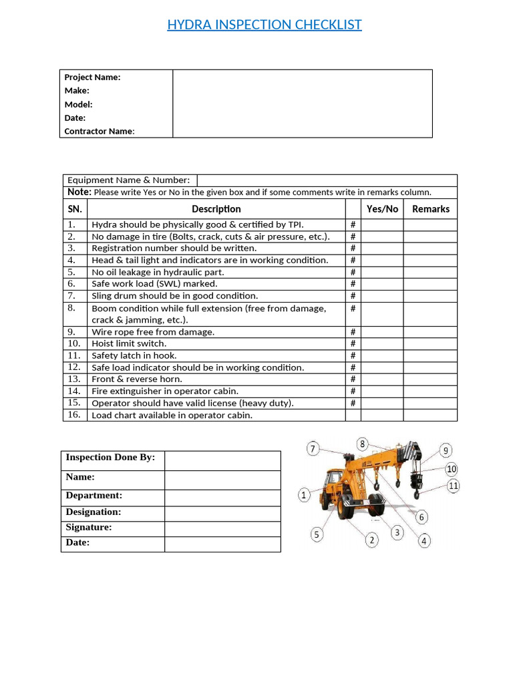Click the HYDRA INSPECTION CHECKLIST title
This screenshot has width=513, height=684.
[x=264, y=25]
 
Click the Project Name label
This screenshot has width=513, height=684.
[x=92, y=77]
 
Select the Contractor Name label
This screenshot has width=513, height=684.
[x=99, y=132]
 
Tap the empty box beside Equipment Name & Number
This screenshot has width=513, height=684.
[x=327, y=180]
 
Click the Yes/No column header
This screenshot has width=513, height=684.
[x=382, y=209]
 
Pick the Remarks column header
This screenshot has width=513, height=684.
[x=430, y=209]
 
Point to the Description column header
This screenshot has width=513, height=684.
[x=216, y=209]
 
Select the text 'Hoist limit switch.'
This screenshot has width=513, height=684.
[x=129, y=344]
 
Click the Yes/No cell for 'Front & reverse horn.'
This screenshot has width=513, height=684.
[x=382, y=379]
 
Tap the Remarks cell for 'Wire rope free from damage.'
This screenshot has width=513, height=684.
[x=430, y=332]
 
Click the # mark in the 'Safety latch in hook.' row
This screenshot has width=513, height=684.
[x=353, y=356]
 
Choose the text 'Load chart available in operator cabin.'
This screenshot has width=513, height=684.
[x=172, y=415]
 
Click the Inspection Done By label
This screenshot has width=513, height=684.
[x=110, y=458]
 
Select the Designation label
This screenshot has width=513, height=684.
[x=94, y=512]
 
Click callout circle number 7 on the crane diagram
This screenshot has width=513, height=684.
[x=314, y=449]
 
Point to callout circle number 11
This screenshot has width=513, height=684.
[x=454, y=486]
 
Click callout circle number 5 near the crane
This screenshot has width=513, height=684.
[x=317, y=534]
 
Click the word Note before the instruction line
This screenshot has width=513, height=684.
[x=79, y=192]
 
